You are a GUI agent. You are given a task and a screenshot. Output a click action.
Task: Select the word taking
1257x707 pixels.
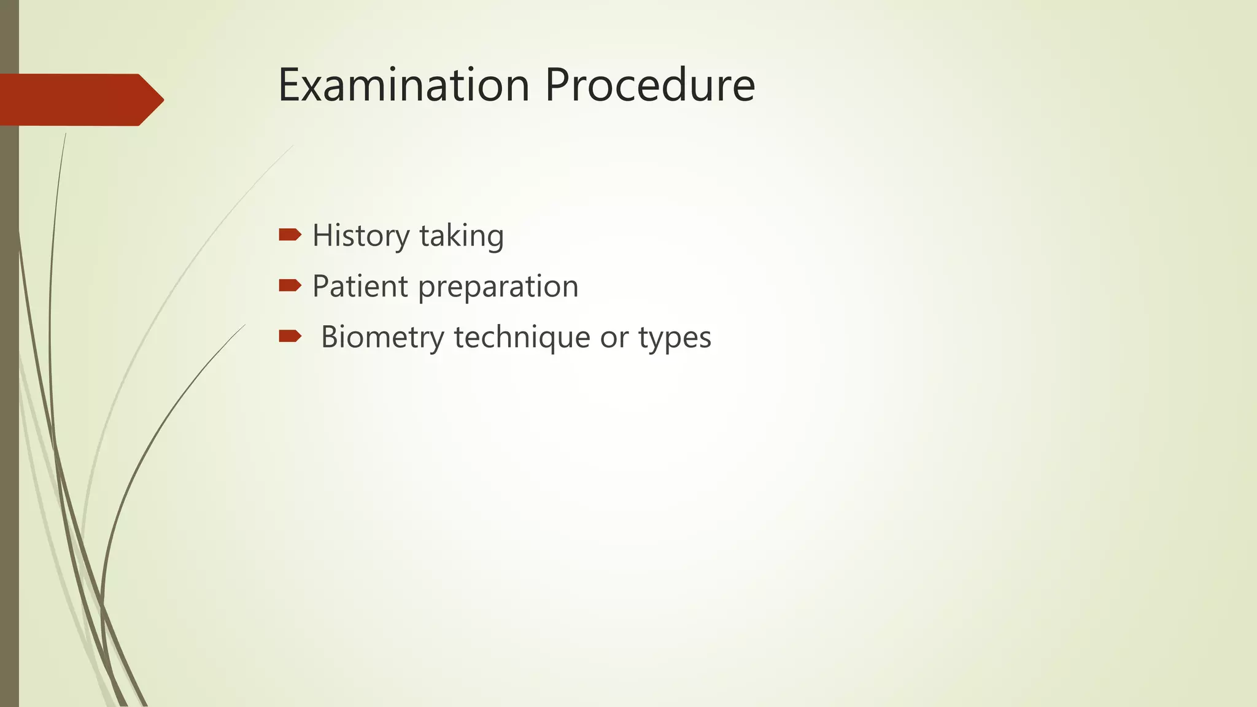pos(462,236)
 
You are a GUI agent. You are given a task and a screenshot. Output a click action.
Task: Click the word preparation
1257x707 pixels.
pos(498,287)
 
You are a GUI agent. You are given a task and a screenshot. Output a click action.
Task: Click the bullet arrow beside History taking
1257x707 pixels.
pos(290,234)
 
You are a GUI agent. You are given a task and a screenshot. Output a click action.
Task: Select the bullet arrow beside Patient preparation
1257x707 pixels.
pos(290,285)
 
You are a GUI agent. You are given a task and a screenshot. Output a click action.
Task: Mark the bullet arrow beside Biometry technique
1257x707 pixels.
pos(290,336)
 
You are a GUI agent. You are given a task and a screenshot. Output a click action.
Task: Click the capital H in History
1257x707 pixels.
pos(323,235)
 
